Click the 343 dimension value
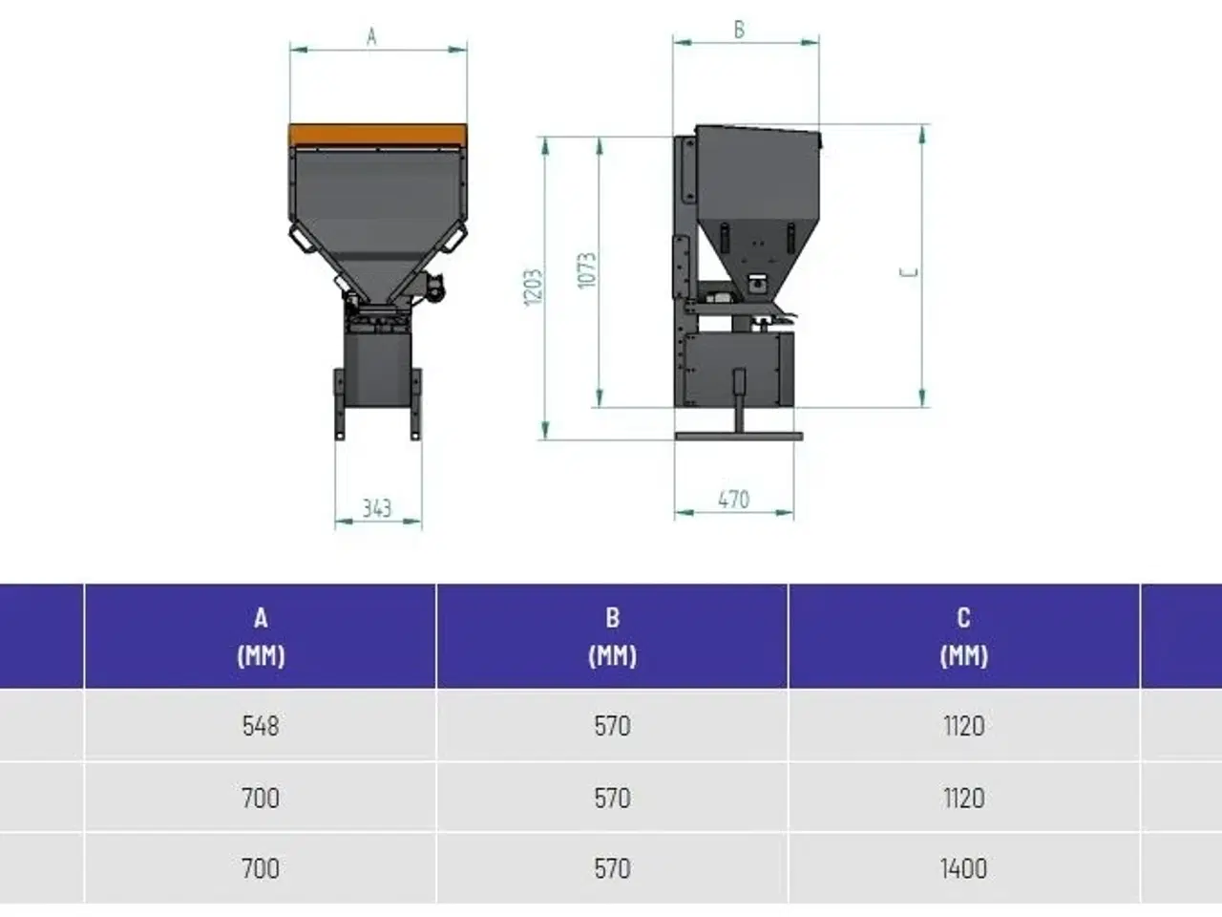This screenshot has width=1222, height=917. pyautogui.click(x=377, y=508)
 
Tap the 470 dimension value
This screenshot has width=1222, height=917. pyautogui.click(x=734, y=500)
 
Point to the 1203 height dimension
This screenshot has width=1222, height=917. pyautogui.click(x=533, y=288)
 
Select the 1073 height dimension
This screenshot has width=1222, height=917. pyautogui.click(x=587, y=270)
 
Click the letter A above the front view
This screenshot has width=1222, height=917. pyautogui.click(x=372, y=36)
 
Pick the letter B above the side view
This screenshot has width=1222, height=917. pyautogui.click(x=739, y=30)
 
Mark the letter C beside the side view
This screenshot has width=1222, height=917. pyautogui.click(x=909, y=272)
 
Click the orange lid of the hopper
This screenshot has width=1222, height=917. pyautogui.click(x=377, y=136)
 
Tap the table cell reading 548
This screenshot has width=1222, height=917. pyautogui.click(x=261, y=726)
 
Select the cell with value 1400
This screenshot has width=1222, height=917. pyautogui.click(x=963, y=868)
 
